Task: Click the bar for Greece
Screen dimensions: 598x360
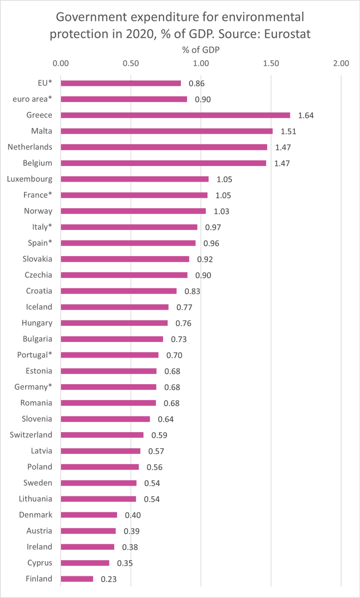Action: (x=175, y=115)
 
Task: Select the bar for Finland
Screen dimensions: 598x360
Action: (x=77, y=579)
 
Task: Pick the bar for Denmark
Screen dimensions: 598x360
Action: (x=89, y=515)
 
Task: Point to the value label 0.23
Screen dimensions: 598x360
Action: (x=109, y=579)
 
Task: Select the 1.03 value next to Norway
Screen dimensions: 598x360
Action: (x=221, y=211)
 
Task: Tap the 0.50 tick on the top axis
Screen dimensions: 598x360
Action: (x=131, y=63)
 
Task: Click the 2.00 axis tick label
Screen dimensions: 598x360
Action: (x=341, y=63)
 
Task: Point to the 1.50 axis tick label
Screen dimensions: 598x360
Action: (x=271, y=63)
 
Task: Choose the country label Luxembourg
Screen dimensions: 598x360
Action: (x=30, y=179)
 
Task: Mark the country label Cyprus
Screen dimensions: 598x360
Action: (x=39, y=563)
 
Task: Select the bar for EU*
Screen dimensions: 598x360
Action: (x=121, y=83)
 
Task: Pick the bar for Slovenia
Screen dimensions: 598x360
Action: (x=105, y=419)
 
